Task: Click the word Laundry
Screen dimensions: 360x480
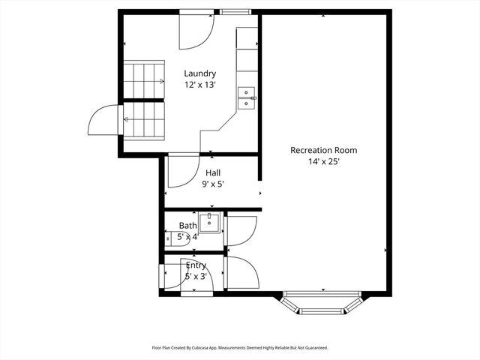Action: pos(200,73)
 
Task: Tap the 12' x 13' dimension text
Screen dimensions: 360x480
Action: pos(200,85)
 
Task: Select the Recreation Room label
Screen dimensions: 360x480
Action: pos(323,150)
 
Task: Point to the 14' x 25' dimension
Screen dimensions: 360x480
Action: pos(323,161)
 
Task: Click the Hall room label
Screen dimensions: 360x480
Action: pos(213,172)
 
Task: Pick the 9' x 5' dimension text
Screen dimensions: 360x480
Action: pos(213,184)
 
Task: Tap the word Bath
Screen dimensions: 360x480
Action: pos(187,226)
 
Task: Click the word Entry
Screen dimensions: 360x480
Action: pos(196,265)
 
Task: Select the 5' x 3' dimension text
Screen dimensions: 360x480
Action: pos(196,277)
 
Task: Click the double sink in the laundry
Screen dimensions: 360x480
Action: pos(247,97)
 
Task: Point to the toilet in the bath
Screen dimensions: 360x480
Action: pos(178,239)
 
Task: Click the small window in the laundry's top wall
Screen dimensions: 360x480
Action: pos(234,12)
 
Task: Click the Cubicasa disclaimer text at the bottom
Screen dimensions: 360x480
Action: pos(240,348)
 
